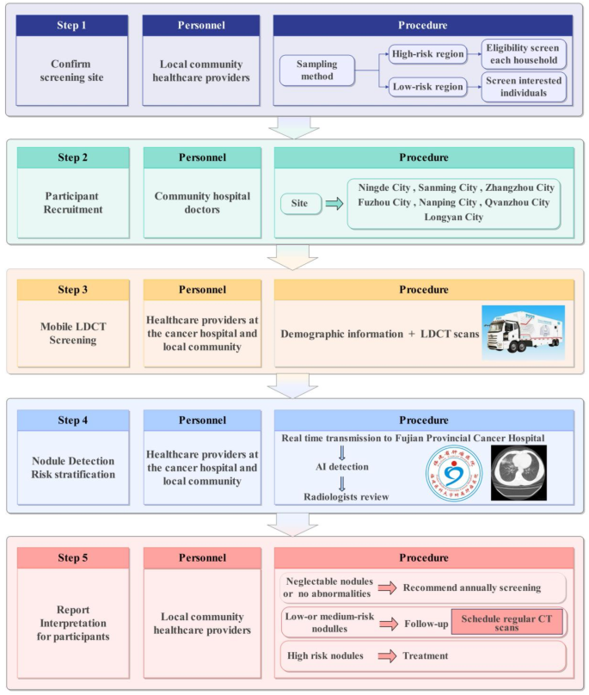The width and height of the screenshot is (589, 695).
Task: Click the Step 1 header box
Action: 71,26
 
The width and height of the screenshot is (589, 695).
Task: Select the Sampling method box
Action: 316,71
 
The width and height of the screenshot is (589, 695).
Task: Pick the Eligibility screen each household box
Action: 524,53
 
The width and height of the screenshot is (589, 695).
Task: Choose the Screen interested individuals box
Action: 524,88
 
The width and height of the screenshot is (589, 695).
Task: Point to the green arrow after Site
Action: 333,205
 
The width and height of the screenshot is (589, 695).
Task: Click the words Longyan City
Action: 453,218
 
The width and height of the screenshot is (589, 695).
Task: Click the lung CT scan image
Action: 518,472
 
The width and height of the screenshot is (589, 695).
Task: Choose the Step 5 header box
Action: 71,558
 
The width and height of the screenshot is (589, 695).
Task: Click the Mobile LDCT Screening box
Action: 71,335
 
